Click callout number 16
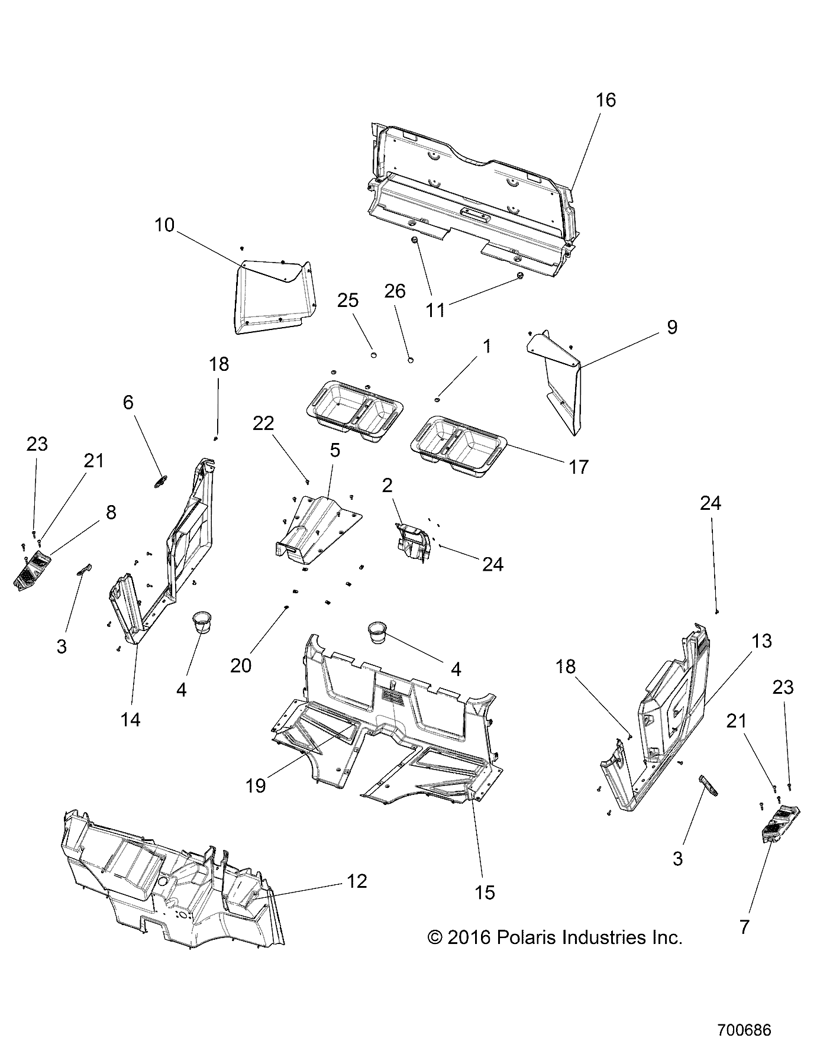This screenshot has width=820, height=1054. point(605,100)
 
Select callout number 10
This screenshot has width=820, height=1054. point(164,225)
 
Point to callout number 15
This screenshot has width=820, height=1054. point(485,893)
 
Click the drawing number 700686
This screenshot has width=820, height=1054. point(744,1030)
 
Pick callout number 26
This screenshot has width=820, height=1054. point(395,291)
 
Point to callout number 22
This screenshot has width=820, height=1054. point(264,423)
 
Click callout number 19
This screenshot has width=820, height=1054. point(256,785)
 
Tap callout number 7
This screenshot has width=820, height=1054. point(744,926)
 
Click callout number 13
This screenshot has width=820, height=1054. point(762,641)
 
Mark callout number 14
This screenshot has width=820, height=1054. point(131,719)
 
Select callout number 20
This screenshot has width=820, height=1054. point(241,665)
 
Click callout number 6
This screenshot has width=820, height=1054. point(128,402)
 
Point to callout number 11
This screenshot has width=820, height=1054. point(435,309)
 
